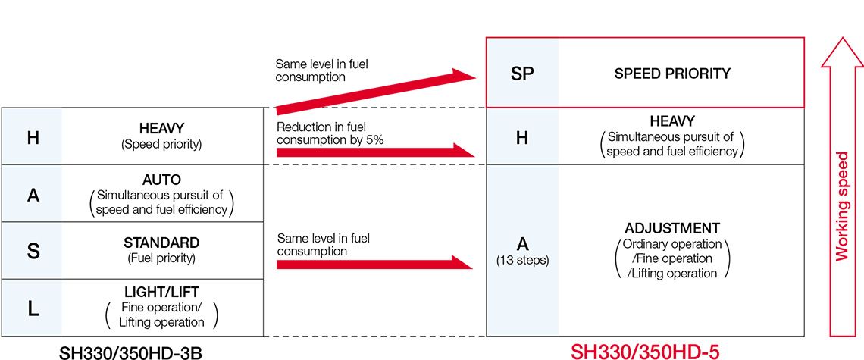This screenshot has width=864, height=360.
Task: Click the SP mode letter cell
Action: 521,74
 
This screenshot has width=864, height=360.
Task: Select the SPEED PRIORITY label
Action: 672,74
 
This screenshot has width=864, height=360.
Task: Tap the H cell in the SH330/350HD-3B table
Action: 33,137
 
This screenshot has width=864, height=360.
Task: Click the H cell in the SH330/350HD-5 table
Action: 521,136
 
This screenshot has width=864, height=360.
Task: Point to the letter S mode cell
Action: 33,251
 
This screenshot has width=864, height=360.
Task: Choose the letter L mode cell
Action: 33,308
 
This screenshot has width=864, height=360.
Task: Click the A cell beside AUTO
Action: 33,195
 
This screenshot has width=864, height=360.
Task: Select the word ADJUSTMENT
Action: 672,228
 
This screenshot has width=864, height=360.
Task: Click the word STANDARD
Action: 161,243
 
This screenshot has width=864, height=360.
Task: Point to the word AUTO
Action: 161,180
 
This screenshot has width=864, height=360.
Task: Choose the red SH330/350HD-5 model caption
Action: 644,352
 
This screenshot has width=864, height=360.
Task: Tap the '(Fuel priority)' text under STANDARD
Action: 161,258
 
